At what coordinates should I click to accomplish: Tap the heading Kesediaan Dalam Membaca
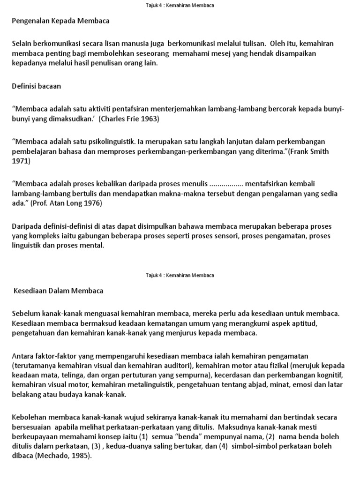click(59, 291)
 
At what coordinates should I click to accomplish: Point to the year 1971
click(21, 161)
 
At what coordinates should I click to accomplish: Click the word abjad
click(262, 385)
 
